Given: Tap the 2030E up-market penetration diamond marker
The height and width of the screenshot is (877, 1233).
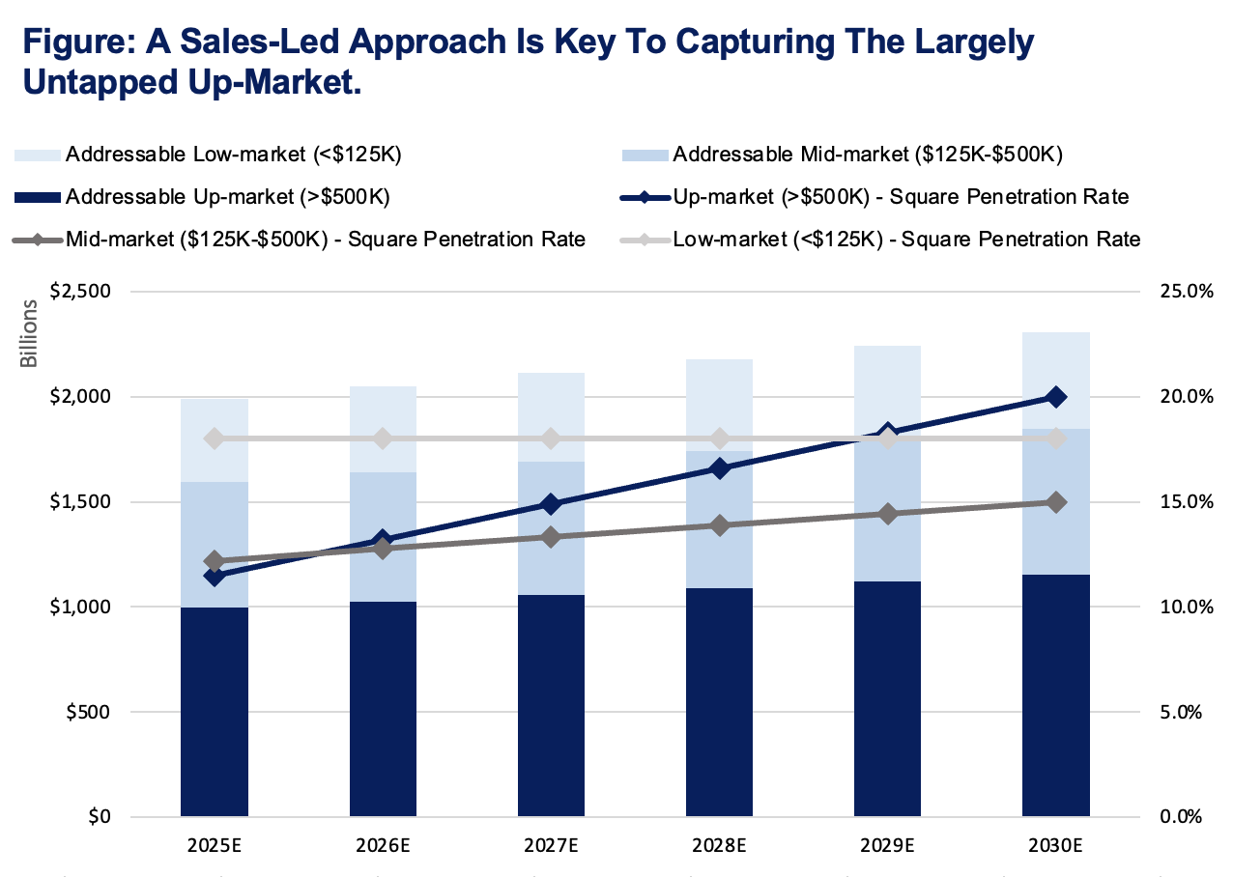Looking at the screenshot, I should point(1055,397).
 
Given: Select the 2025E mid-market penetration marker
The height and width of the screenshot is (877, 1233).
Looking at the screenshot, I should point(215,561).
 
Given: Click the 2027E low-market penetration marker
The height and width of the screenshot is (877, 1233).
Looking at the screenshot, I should point(551,438).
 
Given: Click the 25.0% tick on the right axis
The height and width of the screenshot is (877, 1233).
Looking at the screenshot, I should point(1172,292).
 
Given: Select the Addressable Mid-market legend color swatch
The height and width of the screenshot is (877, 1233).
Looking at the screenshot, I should point(643,155).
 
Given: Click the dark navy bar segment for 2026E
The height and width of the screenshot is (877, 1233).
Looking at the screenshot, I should point(383,710).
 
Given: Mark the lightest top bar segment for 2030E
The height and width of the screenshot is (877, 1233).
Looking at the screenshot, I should point(1055,381).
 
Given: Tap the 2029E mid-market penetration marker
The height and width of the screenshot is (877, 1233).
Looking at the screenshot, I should point(887,514).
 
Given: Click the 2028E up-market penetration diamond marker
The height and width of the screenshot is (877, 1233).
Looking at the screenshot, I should point(719,468).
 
